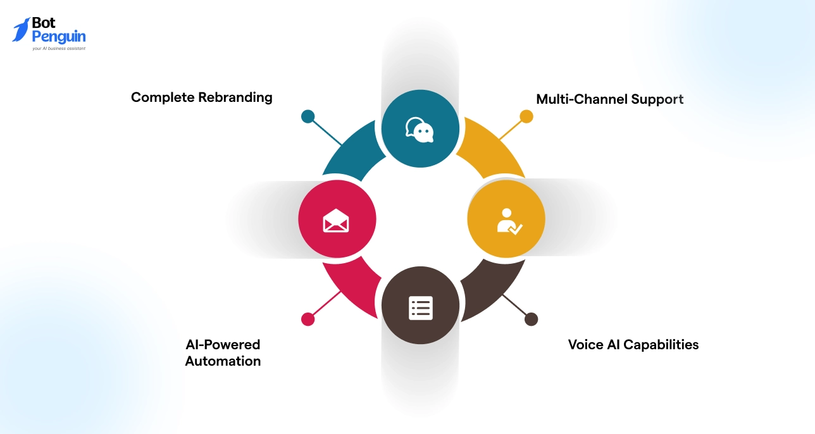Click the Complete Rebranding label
201,97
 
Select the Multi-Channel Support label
609,99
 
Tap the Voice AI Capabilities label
633,345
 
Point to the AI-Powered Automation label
223,353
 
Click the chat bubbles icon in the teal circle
420,129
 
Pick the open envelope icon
336,220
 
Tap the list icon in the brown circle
420,307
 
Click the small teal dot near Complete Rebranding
308,116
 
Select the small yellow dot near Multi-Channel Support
526,116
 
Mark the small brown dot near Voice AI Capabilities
531,319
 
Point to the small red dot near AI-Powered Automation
308,319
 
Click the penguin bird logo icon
21,30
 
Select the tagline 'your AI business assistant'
59,48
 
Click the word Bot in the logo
44,23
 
